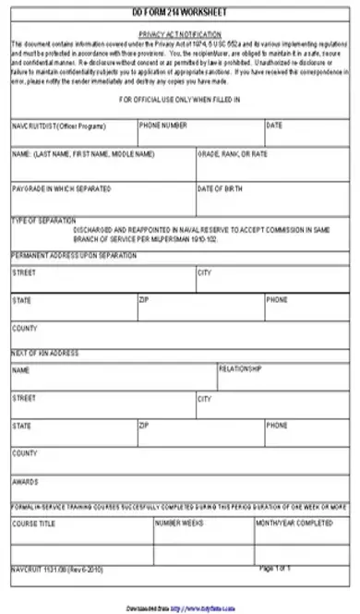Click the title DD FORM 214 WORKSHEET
(x=180, y=14)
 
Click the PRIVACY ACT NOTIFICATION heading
(x=180, y=32)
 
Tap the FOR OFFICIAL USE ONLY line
(x=180, y=99)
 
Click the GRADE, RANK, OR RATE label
(x=232, y=154)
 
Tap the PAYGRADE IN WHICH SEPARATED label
(x=61, y=188)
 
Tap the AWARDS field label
(x=25, y=481)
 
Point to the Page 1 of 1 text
(x=275, y=568)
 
